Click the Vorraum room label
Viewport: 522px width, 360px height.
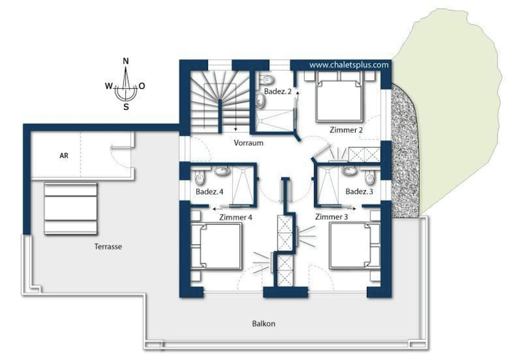(x=248, y=143)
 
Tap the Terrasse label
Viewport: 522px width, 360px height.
(x=108, y=247)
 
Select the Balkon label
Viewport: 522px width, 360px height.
(x=264, y=323)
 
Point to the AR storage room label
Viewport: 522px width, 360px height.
(x=64, y=156)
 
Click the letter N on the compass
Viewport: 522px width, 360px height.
(x=126, y=61)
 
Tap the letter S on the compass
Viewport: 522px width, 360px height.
(x=126, y=107)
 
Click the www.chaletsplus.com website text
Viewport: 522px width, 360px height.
(x=349, y=65)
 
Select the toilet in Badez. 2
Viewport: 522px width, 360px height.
(x=267, y=79)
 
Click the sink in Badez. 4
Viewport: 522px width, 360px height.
(x=222, y=171)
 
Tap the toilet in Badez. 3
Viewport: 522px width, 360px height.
(x=370, y=177)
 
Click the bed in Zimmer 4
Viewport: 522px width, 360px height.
(x=216, y=246)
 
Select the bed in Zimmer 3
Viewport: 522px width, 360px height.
(x=354, y=246)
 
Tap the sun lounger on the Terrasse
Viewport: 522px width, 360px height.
(x=70, y=208)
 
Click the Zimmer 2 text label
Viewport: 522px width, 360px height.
(x=346, y=130)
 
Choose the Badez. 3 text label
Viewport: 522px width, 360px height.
(x=359, y=192)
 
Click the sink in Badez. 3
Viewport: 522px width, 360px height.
(x=349, y=171)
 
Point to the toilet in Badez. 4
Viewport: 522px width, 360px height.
(x=200, y=178)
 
